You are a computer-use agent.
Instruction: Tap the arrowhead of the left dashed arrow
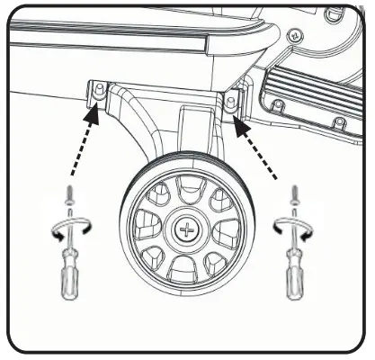click(x=92, y=111)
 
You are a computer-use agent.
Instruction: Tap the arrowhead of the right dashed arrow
click(x=242, y=125)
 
